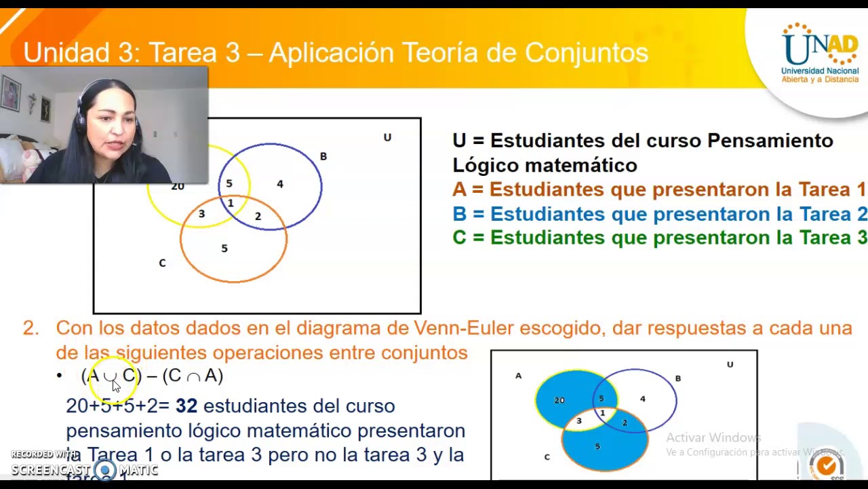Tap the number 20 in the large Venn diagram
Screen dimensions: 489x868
click(x=178, y=186)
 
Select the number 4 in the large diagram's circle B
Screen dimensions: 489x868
click(x=279, y=184)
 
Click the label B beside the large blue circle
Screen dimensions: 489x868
click(x=323, y=157)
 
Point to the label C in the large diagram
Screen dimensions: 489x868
click(x=162, y=263)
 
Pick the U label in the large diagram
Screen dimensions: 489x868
click(x=387, y=138)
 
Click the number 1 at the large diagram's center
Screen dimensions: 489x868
click(x=231, y=202)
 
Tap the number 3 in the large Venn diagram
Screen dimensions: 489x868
click(x=201, y=214)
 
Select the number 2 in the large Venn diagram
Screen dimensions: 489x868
click(x=258, y=216)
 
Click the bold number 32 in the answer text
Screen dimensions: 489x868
click(x=186, y=406)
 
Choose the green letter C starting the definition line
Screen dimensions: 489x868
click(x=459, y=238)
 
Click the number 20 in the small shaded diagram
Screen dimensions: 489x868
click(x=559, y=400)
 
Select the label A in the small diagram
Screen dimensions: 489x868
click(x=519, y=376)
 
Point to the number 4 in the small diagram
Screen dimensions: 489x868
click(x=642, y=399)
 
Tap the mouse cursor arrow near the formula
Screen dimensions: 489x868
click(x=116, y=386)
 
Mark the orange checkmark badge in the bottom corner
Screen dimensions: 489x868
click(x=827, y=466)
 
